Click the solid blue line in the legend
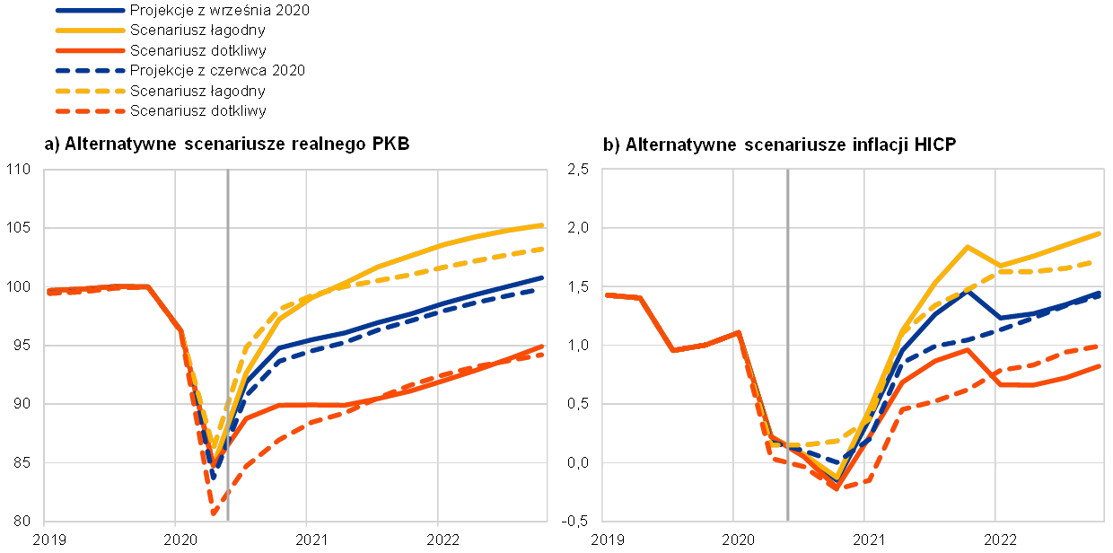[x=90, y=11]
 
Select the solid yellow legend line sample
[x=90, y=31]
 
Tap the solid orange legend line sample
[x=90, y=50]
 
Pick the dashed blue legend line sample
[x=90, y=70]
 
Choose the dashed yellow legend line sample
[x=90, y=91]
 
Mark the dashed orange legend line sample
[x=90, y=111]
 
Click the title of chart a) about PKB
[x=227, y=145]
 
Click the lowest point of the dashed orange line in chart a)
[x=214, y=514]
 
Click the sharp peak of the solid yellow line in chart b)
[x=967, y=246]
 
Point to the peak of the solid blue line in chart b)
[x=967, y=290]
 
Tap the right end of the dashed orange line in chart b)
[x=1100, y=347]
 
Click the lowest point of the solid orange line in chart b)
[x=837, y=488]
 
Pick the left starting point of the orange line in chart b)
[x=608, y=294]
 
